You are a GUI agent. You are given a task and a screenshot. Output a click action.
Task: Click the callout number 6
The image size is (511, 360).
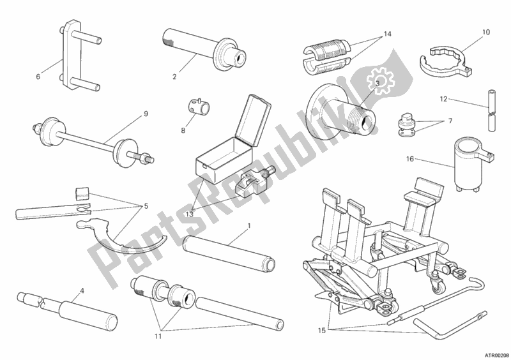click(38, 77)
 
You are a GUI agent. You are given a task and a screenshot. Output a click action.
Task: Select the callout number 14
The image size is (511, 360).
click(387, 34)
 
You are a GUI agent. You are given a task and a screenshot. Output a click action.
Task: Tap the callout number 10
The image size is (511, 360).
click(485, 32)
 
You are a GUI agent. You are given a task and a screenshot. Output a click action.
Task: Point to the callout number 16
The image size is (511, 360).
click(410, 159)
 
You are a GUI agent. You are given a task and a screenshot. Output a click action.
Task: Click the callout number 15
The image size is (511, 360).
click(322, 331)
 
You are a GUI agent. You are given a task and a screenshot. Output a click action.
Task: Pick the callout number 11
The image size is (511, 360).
click(158, 337)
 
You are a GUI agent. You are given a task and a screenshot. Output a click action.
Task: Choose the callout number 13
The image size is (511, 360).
click(190, 214)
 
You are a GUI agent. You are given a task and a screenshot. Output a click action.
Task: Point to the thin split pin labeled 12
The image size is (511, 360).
click(492, 110)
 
